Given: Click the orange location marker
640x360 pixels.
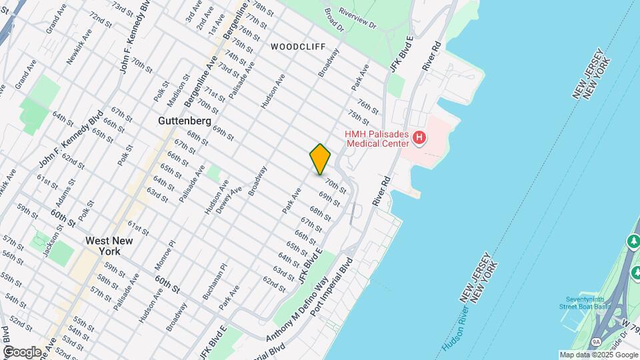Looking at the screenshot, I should (x=320, y=159).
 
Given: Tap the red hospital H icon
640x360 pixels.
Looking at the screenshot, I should (x=419, y=139).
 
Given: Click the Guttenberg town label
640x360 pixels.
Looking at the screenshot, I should (x=185, y=121).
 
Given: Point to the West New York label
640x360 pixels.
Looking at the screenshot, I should (x=103, y=246).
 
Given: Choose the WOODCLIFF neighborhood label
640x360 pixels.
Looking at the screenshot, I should (x=298, y=47).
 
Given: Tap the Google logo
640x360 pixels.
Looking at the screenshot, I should (x=22, y=351).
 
